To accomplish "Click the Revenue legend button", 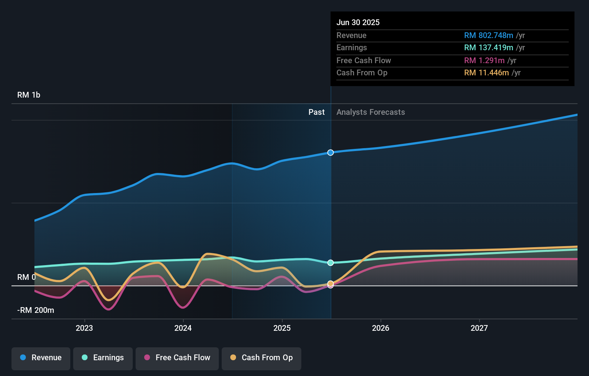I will [41, 358].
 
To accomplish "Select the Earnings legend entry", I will [103, 358].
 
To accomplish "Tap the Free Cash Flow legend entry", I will [177, 358].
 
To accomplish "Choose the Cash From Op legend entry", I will [261, 358].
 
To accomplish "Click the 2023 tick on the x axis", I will [84, 328].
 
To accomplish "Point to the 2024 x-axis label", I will [183, 328].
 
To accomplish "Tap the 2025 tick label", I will [282, 328].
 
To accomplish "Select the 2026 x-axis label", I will [381, 328].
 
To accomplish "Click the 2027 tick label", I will [479, 328].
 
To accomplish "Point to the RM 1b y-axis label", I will [29, 95].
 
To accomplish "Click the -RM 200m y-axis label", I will [36, 310].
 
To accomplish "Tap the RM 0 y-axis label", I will [27, 277].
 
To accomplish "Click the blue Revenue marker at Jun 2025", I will [330, 152].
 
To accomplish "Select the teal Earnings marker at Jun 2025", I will [330, 263].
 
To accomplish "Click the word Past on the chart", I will [316, 112].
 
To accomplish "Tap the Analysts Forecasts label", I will [371, 112].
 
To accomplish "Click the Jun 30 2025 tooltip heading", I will [358, 23].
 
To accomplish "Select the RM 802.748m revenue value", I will [489, 36].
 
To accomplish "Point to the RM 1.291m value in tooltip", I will [484, 61].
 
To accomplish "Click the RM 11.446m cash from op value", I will [486, 73].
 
